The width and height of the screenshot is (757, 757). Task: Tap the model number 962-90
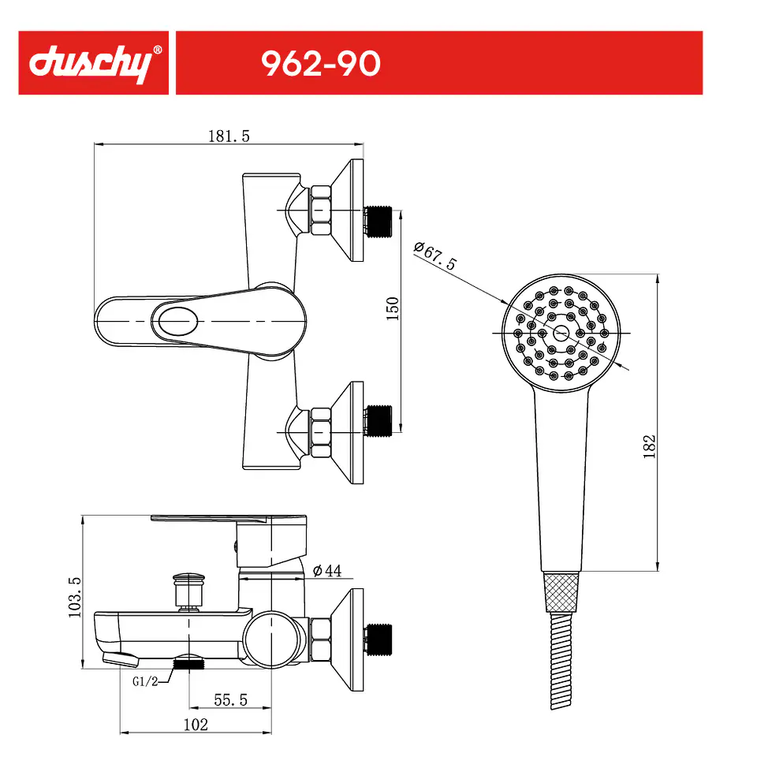coord(321,64)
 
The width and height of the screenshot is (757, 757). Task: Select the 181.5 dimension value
coord(229,136)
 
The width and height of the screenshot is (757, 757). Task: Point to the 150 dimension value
coord(393,308)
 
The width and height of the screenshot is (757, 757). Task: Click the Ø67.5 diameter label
coord(435,255)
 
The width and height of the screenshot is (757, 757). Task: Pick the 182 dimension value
coord(649,446)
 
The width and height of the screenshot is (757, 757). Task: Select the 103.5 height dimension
coord(75,597)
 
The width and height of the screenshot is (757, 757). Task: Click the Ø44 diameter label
coord(327,571)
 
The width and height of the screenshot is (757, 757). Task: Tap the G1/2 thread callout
coord(145,681)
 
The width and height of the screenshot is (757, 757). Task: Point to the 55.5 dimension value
coord(231,699)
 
